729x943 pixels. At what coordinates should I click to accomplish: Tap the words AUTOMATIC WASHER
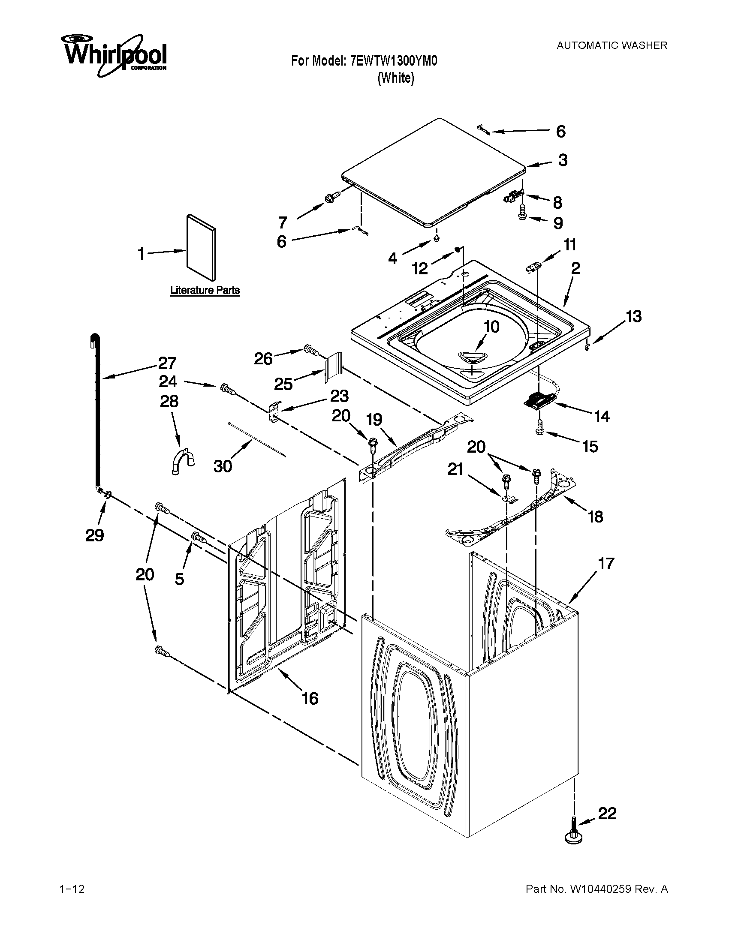(612, 45)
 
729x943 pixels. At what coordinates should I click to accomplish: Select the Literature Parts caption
(205, 290)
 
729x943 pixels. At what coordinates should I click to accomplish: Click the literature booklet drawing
(201, 247)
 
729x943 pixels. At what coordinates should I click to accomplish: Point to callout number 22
(607, 814)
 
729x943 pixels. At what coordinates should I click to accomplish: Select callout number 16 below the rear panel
(310, 698)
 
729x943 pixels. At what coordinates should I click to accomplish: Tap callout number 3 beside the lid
(562, 160)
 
